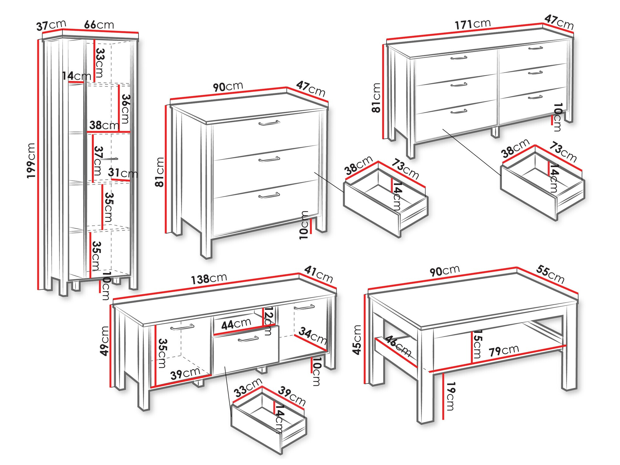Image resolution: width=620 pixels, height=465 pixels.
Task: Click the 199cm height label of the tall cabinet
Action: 31,161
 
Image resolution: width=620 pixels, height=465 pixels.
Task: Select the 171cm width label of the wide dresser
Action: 472,24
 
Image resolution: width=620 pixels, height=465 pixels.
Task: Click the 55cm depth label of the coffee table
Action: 550,274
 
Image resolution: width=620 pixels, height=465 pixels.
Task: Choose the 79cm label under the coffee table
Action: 504,351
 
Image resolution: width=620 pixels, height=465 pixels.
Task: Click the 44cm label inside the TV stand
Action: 236,324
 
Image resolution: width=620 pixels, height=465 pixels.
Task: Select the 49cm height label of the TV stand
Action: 104,341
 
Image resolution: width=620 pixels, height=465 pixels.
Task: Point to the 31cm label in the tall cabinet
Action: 123,173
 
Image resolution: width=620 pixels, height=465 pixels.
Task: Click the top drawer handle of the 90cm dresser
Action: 269,123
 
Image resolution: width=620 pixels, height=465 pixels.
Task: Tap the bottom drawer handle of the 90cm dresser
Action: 269,196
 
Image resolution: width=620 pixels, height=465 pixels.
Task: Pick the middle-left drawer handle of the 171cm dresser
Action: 459,85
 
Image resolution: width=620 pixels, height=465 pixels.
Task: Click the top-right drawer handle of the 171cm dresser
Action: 536,48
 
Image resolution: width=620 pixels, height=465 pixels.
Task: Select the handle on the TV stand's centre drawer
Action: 248,339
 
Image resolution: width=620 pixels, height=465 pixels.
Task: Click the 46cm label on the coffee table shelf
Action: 398,346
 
